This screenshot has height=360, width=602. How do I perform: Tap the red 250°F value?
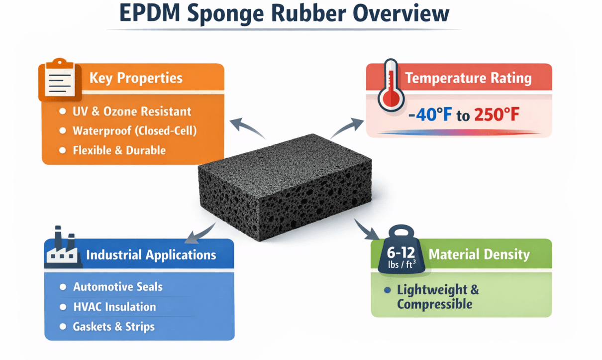pyautogui.click(x=496, y=115)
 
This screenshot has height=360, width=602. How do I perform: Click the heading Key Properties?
pyautogui.click(x=136, y=78)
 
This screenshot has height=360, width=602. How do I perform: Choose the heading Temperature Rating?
pyautogui.click(x=468, y=78)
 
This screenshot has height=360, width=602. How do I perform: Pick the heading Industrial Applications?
pyautogui.click(x=151, y=255)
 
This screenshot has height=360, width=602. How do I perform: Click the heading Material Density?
pyautogui.click(x=479, y=254)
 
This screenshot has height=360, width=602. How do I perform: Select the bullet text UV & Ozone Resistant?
pyautogui.click(x=132, y=112)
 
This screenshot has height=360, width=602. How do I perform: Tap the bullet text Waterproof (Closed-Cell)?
pyautogui.click(x=134, y=131)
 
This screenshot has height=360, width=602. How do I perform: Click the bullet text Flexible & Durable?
pyautogui.click(x=119, y=150)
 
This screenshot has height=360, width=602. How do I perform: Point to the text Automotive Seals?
pyautogui.click(x=117, y=287)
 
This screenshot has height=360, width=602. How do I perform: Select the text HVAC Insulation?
pyautogui.click(x=114, y=307)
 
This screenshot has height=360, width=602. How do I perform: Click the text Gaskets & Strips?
pyautogui.click(x=113, y=327)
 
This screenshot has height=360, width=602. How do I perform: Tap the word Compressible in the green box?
pyautogui.click(x=434, y=304)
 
